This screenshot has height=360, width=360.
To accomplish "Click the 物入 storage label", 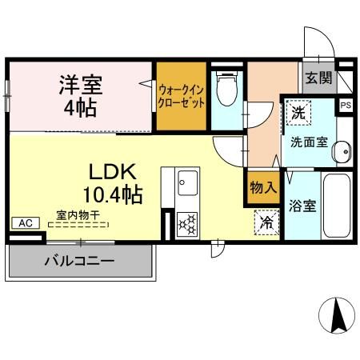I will (263, 188).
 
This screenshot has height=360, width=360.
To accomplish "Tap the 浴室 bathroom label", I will (303, 206).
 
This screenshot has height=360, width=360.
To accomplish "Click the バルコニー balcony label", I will (78, 260).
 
